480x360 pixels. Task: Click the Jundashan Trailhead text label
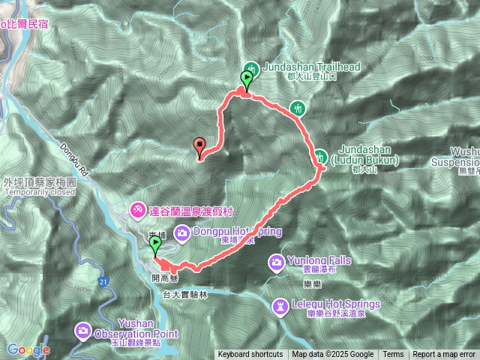tap(311, 67)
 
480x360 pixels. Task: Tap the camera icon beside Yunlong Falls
tap(277, 262)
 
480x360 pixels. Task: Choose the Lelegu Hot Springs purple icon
tap(280, 305)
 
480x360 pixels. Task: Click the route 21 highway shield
tap(102, 280)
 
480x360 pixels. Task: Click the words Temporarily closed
tap(40, 192)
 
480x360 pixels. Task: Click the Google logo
tap(28, 349)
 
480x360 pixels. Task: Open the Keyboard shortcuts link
tap(250, 355)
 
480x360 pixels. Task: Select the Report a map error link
tap(445, 355)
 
